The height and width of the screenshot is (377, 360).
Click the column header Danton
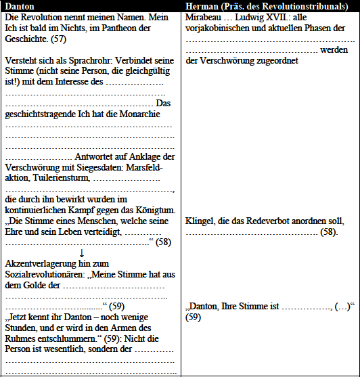tap(20, 5)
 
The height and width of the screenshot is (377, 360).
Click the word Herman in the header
tap(202, 5)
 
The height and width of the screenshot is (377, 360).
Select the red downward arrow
tap(81, 253)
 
